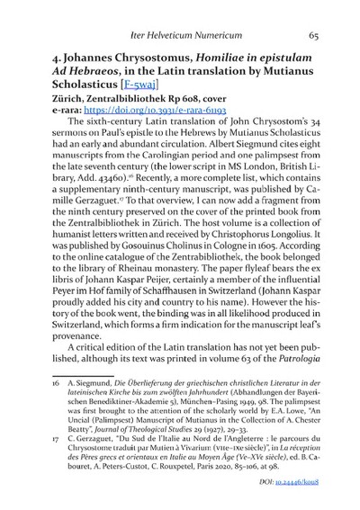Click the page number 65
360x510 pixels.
coord(311,36)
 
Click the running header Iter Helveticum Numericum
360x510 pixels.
coord(181,36)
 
